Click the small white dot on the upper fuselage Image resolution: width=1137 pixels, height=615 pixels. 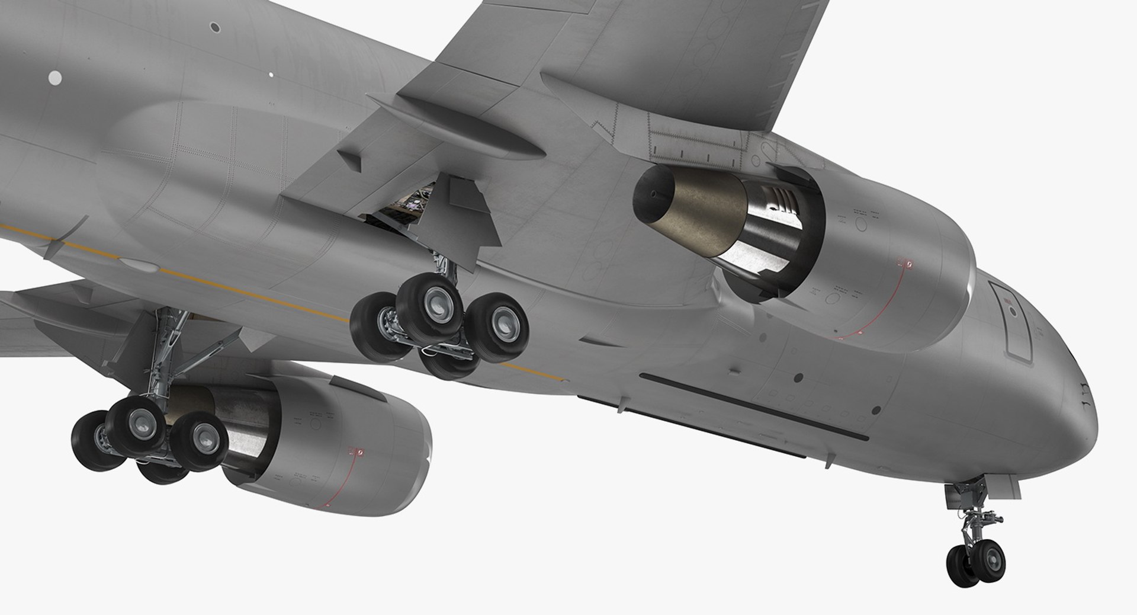tap(271, 75)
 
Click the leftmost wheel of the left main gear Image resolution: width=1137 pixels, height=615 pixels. tap(89, 437)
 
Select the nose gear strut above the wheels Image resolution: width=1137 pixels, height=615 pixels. tap(972, 521)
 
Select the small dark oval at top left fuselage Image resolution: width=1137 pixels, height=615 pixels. tap(214, 27)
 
